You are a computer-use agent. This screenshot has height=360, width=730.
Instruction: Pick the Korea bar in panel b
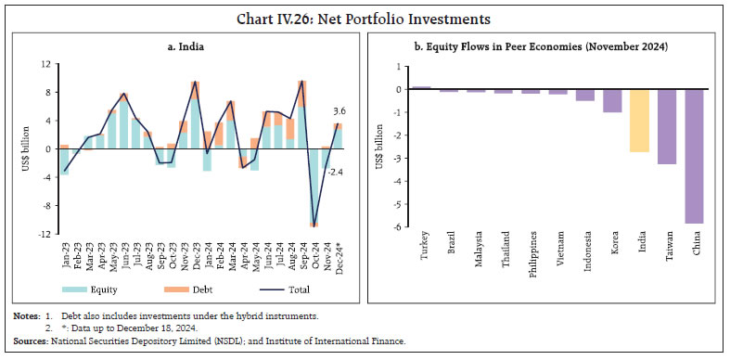612,100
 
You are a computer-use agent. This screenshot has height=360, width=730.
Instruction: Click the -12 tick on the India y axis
44,234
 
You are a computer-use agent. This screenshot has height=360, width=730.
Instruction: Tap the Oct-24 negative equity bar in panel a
315,185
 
